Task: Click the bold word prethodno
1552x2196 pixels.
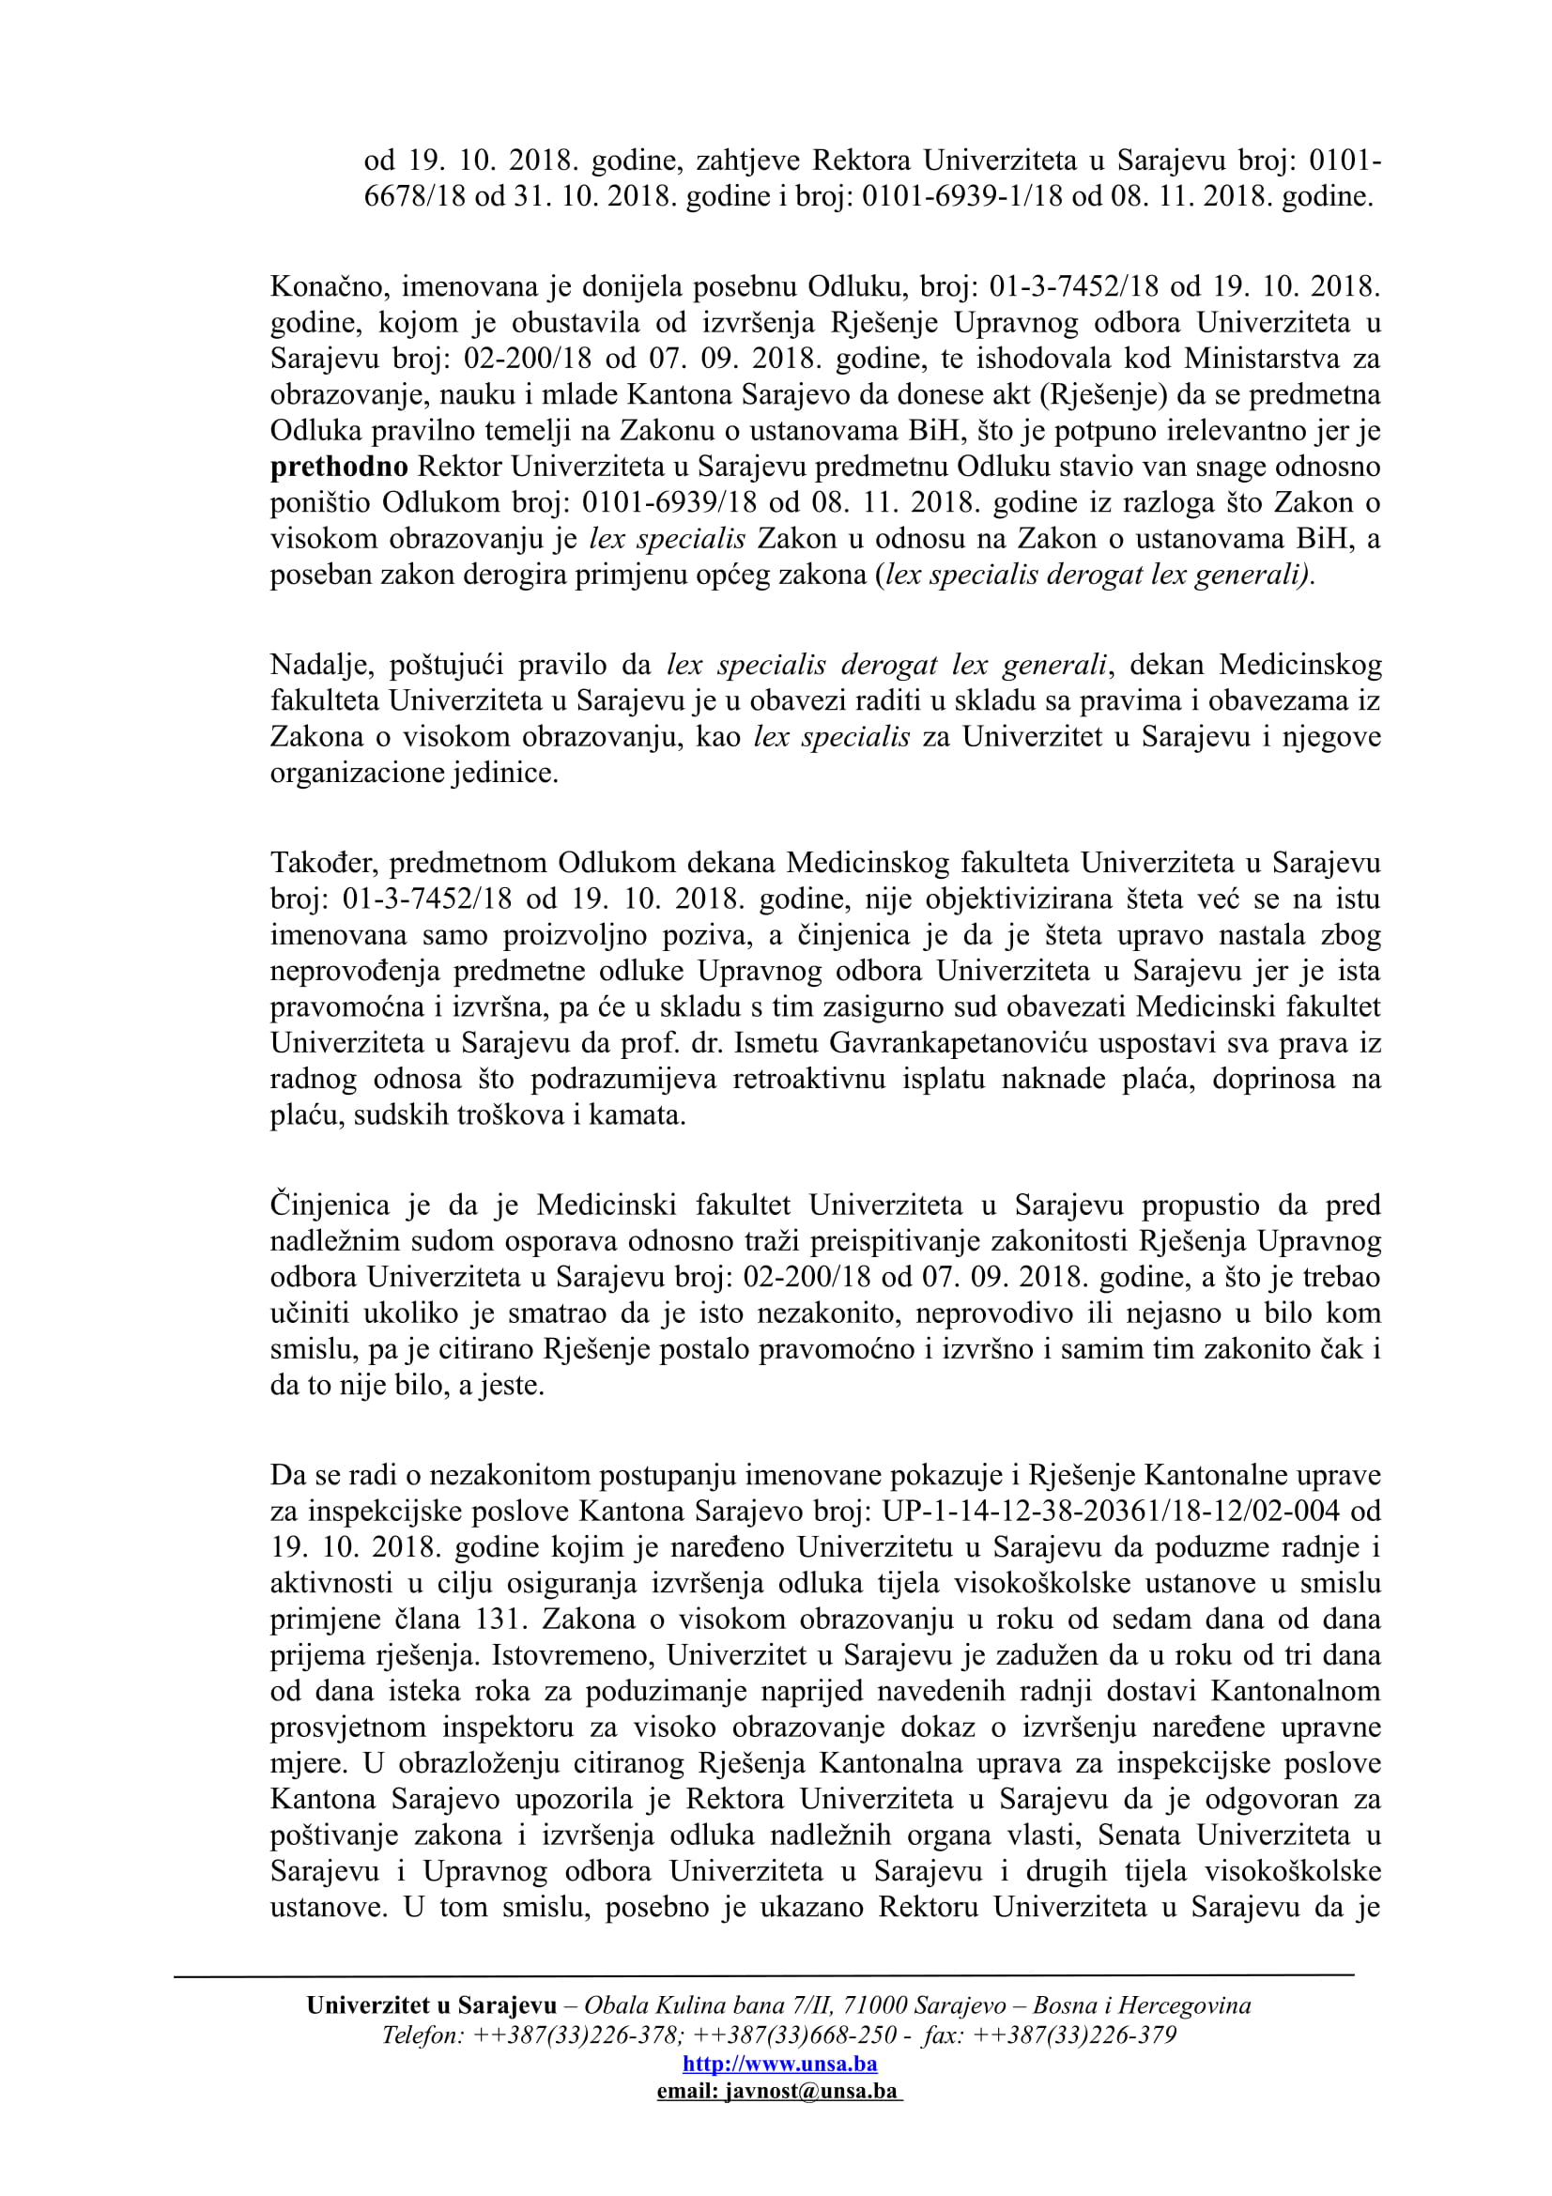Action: click(339, 468)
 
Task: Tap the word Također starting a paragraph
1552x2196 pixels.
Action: click(324, 863)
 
